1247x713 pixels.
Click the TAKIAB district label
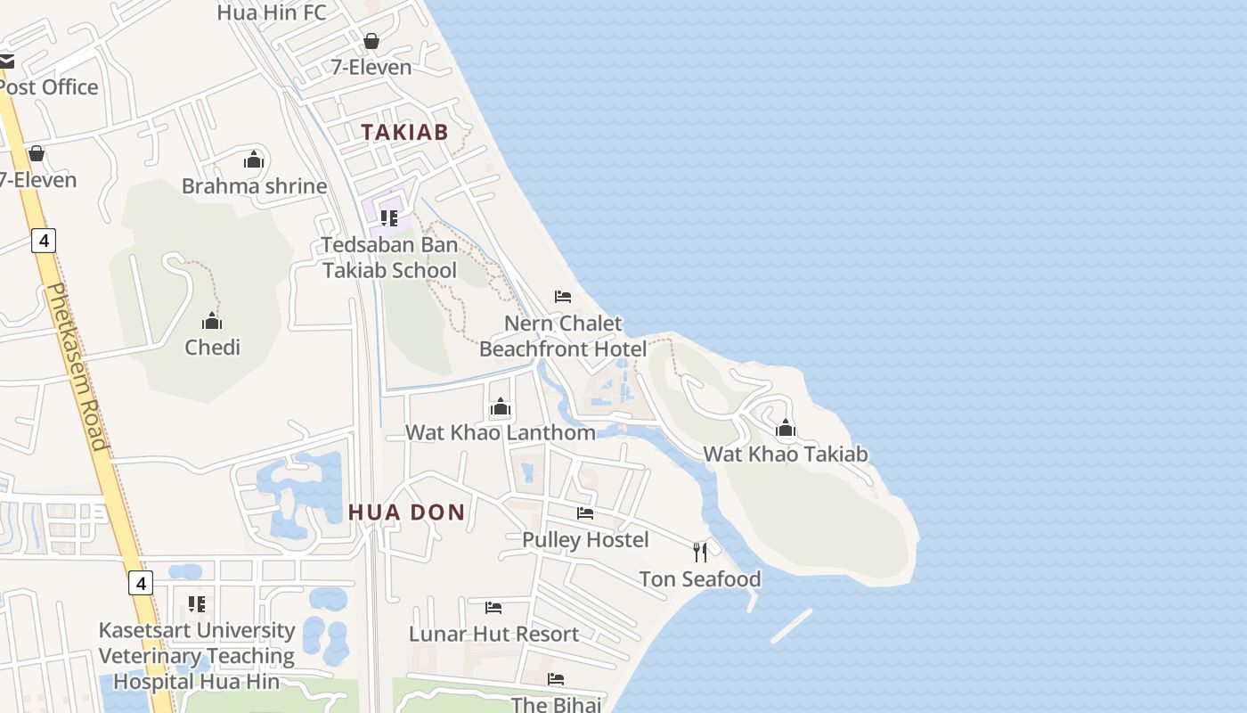(403, 132)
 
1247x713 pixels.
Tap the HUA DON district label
(406, 512)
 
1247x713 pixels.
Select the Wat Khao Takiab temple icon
(785, 429)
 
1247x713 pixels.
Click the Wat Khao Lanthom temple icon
(501, 408)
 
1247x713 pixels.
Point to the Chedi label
(212, 348)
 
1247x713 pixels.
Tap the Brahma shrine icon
(254, 160)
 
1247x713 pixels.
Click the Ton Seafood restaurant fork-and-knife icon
(700, 553)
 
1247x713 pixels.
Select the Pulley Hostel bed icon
(585, 513)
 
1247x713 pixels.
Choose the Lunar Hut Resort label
(493, 635)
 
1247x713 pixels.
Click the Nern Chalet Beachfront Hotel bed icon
(563, 297)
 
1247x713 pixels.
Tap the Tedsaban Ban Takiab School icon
(389, 218)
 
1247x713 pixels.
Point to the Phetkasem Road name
(76, 365)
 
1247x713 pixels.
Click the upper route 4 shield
(44, 240)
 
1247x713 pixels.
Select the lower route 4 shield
(140, 584)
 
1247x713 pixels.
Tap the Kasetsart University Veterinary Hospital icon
(197, 604)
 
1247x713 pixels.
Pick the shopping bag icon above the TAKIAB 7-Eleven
(371, 42)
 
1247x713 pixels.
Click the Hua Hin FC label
(272, 12)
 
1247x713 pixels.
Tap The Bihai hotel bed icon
(556, 680)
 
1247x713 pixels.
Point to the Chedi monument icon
(212, 321)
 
